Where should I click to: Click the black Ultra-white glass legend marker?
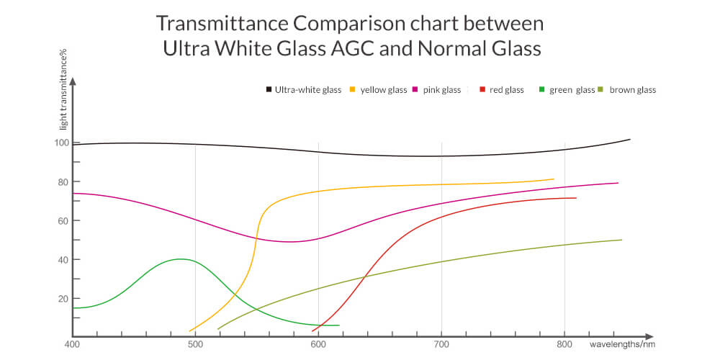click(269, 90)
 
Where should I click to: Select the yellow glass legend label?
click(384, 90)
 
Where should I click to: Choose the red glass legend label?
click(506, 90)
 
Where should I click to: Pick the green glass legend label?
click(572, 90)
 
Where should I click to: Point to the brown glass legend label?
click(632, 90)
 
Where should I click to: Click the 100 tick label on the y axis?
click(60, 143)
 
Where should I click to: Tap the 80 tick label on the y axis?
click(63, 181)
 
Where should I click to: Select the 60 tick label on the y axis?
click(63, 220)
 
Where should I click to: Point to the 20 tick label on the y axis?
click(63, 298)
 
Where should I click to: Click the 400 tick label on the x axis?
click(71, 344)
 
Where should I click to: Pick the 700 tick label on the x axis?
click(441, 344)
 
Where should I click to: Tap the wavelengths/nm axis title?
click(623, 344)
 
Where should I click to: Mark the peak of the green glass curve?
click(180, 259)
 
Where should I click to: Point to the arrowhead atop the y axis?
click(73, 81)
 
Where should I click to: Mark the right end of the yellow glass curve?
click(553, 179)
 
